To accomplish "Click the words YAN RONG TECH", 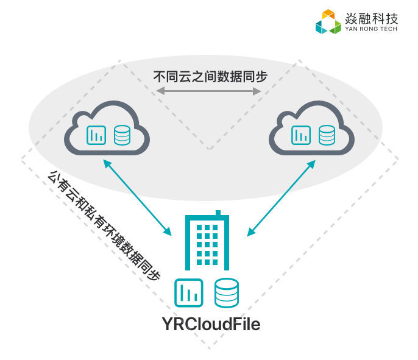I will [370, 29].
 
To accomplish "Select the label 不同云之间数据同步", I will [210, 77].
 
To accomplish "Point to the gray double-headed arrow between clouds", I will [208, 91].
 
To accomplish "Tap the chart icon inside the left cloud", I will [96, 135].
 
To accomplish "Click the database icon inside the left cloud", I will [122, 135].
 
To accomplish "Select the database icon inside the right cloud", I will [327, 135].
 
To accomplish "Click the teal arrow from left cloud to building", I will [137, 197].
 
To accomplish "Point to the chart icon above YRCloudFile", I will [189, 292].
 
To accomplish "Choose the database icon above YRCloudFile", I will [226, 292].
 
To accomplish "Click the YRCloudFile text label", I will [211, 324].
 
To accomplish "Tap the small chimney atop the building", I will [218, 213].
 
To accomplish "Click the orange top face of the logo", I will [328, 14].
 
